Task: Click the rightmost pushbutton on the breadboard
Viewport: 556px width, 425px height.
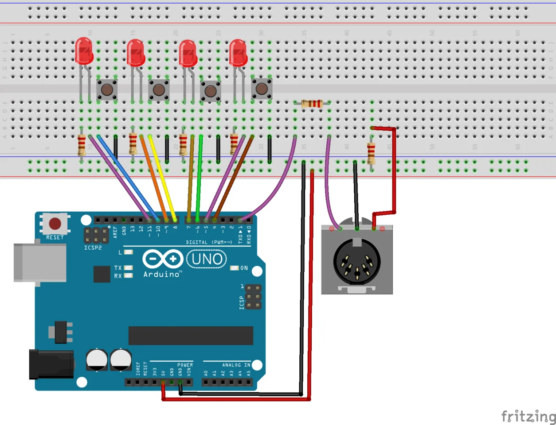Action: pos(262,89)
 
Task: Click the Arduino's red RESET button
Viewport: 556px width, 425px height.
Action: pos(55,223)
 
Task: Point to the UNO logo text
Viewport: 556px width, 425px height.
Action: pos(207,259)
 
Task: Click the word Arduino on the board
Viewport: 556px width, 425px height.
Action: pos(162,274)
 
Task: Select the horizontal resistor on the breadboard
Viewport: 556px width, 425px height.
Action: pos(312,104)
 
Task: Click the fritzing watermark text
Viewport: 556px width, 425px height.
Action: pos(528,417)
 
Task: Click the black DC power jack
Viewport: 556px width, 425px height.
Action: pos(51,364)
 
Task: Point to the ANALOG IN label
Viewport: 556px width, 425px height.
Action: pos(236,365)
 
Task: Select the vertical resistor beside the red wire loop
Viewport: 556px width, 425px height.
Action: pos(371,153)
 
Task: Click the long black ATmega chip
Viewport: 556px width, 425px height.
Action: pos(191,336)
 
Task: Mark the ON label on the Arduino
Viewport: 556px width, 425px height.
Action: pos(244,268)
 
